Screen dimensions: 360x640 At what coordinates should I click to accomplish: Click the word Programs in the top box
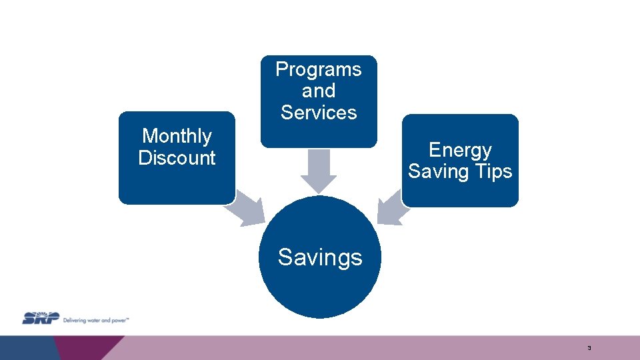[x=319, y=69]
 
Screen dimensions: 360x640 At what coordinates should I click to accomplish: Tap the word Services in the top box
[x=319, y=113]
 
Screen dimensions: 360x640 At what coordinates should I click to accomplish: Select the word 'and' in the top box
[x=319, y=91]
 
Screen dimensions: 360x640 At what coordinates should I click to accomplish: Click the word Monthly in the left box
[x=177, y=136]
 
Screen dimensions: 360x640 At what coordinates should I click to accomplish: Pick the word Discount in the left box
[x=177, y=158]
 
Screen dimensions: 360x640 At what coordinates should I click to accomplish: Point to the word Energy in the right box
[x=460, y=150]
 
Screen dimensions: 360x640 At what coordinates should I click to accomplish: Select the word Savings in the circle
[x=320, y=257]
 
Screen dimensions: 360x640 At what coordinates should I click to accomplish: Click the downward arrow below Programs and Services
[x=319, y=171]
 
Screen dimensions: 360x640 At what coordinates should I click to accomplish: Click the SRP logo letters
[x=41, y=318]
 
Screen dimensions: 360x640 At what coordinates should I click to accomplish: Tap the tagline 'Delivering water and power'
[x=96, y=319]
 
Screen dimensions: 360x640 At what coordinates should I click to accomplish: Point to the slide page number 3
[x=589, y=349]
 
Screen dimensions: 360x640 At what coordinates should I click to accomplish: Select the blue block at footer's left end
[x=27, y=347]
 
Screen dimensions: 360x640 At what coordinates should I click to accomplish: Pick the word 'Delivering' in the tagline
[x=73, y=319]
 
